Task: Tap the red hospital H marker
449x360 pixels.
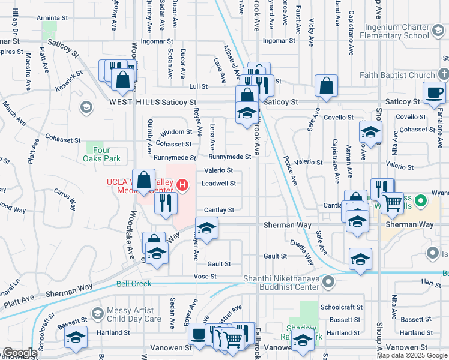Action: click(182, 185)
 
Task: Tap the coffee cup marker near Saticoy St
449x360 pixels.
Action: click(434, 92)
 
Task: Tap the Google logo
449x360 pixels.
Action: click(19, 353)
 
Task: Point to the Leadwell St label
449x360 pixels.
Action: click(219, 184)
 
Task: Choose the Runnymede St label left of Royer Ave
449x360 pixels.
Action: click(175, 157)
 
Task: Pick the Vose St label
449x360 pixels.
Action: click(204, 276)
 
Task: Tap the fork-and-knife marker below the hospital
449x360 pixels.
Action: click(165, 203)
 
